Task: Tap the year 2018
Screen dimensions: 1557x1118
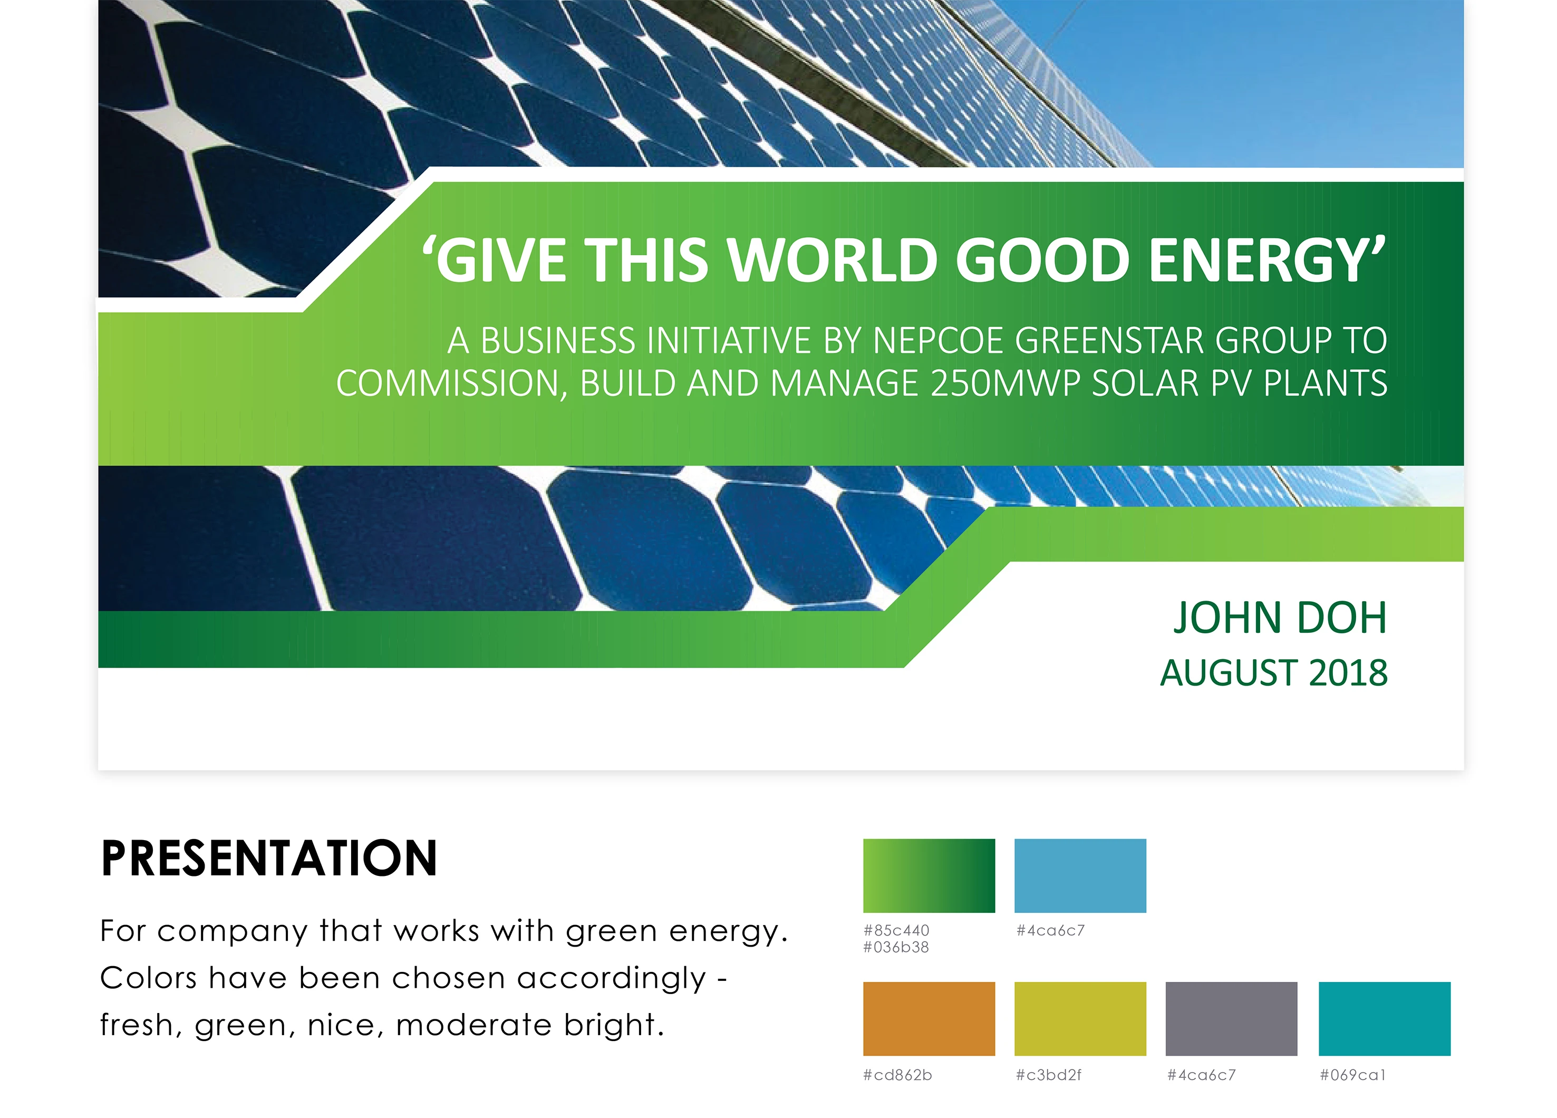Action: pyautogui.click(x=1348, y=673)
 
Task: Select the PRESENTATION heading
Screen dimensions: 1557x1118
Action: pyautogui.click(x=269, y=859)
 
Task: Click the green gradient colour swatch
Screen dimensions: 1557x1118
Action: pyautogui.click(x=929, y=875)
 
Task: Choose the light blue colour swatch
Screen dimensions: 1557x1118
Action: pyautogui.click(x=1080, y=875)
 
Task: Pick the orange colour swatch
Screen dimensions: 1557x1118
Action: pyautogui.click(x=929, y=1019)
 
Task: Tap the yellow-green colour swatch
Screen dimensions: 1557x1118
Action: pyautogui.click(x=1080, y=1019)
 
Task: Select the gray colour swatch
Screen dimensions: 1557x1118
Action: pyautogui.click(x=1232, y=1019)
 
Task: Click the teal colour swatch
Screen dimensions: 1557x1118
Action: pyautogui.click(x=1385, y=1019)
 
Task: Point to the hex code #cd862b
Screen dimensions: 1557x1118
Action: pyautogui.click(x=898, y=1075)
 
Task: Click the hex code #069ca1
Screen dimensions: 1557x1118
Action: pyautogui.click(x=1352, y=1075)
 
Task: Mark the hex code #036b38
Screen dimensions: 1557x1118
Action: pyautogui.click(x=896, y=948)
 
